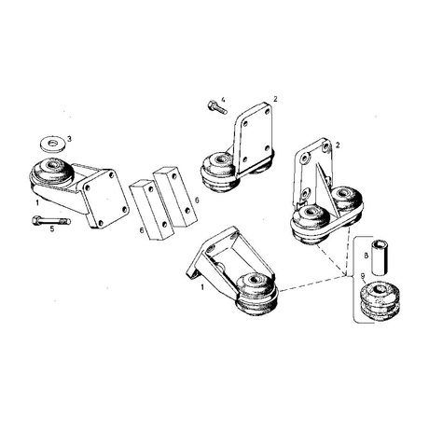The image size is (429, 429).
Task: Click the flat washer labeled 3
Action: pyautogui.click(x=53, y=145)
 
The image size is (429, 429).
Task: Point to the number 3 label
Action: pyautogui.click(x=69, y=139)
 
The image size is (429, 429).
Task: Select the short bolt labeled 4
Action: pyautogui.click(x=217, y=107)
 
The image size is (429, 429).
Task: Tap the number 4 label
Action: pyautogui.click(x=223, y=100)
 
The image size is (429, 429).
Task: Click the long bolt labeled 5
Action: pyautogui.click(x=51, y=221)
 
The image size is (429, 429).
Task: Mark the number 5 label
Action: pyautogui.click(x=52, y=229)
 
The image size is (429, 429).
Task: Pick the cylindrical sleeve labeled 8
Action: pyautogui.click(x=380, y=257)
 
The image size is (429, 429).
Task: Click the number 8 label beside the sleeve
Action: pyautogui.click(x=367, y=256)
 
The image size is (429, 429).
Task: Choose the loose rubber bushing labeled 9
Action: pyautogui.click(x=380, y=300)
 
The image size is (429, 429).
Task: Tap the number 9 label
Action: pyautogui.click(x=363, y=275)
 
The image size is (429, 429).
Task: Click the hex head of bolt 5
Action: pyautogui.click(x=36, y=220)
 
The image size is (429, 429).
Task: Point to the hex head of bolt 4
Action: pyautogui.click(x=212, y=104)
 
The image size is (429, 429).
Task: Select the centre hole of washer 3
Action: pyautogui.click(x=54, y=143)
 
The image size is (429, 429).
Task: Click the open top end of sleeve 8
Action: pyautogui.click(x=380, y=242)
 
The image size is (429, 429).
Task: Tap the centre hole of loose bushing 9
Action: pyautogui.click(x=379, y=288)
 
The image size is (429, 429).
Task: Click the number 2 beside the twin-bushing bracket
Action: pyautogui.click(x=338, y=145)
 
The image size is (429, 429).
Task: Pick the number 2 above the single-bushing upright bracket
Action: pyautogui.click(x=275, y=99)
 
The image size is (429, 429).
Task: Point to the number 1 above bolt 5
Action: pyautogui.click(x=37, y=202)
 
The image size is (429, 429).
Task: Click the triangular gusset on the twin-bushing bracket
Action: pyautogui.click(x=324, y=189)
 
